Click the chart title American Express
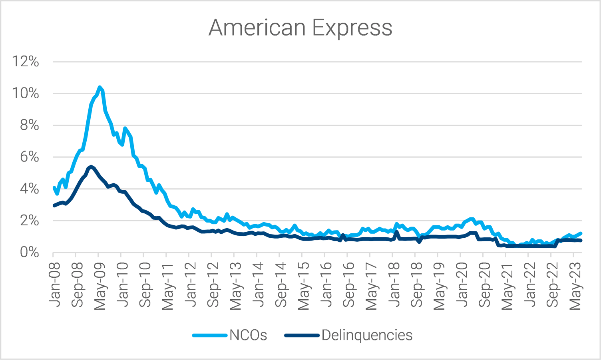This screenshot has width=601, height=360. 300,28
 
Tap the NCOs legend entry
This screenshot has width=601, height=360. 248,335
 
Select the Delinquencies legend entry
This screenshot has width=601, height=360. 366,335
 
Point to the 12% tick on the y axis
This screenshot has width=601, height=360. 26,62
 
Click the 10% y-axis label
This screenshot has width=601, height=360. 26,93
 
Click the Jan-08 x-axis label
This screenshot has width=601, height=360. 54,284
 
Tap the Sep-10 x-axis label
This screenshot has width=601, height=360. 145,284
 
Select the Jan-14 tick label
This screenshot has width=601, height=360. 258,284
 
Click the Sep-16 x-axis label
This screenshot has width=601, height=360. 349,284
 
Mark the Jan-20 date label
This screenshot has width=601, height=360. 462,284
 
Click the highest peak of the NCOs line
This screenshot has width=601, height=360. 100,87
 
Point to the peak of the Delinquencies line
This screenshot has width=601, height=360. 91,167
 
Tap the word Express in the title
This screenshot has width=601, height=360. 352,28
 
